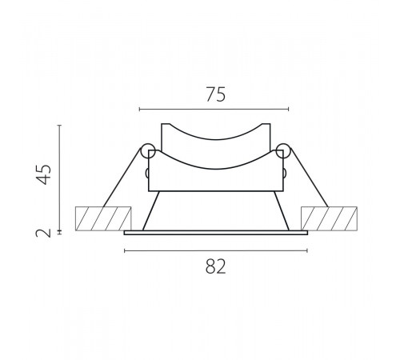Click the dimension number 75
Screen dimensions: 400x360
click(215, 94)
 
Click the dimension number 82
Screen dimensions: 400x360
click(215, 266)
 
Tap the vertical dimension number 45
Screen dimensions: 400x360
click(44, 174)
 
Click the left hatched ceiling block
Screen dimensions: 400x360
click(103, 218)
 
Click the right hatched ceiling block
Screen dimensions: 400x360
click(329, 218)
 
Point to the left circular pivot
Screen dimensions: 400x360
click(148, 151)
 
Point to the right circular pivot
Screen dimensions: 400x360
click(283, 151)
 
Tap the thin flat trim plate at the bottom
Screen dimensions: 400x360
click(216, 233)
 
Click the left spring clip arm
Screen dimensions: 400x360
click(122, 178)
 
